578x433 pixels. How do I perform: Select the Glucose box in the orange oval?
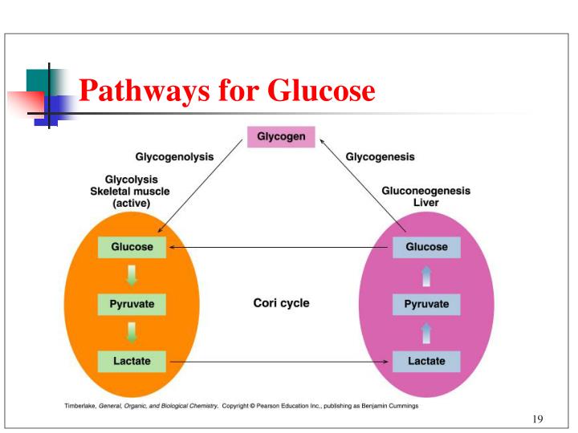point(132,247)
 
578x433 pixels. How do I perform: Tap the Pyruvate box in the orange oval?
point(132,305)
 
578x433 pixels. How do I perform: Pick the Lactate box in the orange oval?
point(132,361)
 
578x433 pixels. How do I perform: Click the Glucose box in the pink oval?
point(426,247)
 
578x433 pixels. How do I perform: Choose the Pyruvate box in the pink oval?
point(426,305)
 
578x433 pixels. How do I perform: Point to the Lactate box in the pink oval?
point(426,361)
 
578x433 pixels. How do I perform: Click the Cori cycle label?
point(281,303)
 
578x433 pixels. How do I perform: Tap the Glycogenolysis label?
point(174,157)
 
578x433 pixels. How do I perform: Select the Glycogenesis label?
point(380,157)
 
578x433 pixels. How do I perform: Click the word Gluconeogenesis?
point(425,191)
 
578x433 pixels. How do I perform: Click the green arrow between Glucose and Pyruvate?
point(132,276)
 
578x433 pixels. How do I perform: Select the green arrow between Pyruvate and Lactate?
point(132,333)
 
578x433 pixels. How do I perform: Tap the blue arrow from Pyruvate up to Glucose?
point(426,276)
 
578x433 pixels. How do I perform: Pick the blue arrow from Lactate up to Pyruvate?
point(426,333)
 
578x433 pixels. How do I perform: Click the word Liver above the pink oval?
point(425,203)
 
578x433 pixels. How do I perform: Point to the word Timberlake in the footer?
point(80,407)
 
